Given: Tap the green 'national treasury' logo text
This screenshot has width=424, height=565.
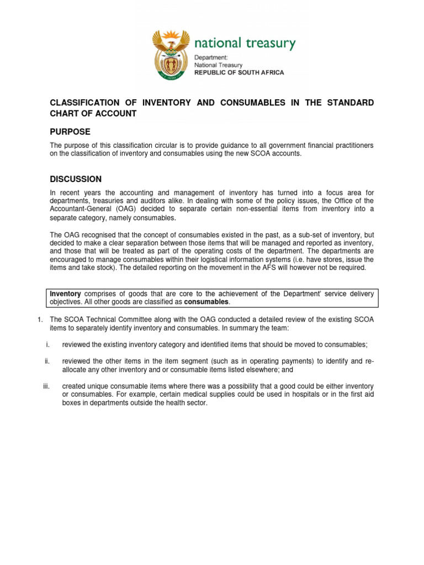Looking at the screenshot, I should coord(245,44).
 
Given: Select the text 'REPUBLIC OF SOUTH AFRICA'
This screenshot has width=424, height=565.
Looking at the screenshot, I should coord(239,72).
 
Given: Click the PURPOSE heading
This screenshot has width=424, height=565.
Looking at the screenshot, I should coord(70,131).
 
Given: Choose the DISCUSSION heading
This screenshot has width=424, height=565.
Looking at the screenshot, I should coord(76,179).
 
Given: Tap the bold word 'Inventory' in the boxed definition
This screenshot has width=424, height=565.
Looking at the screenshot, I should coord(66,294).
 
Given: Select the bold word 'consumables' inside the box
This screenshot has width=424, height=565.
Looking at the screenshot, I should coord(206,302).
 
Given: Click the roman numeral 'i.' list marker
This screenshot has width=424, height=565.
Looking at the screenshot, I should coord(48,344).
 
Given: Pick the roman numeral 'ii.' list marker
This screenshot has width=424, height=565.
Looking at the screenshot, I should coord(47,361).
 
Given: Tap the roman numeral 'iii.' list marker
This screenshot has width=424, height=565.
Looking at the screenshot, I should coord(46,386).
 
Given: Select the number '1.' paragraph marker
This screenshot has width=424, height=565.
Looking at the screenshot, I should coord(41,319).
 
